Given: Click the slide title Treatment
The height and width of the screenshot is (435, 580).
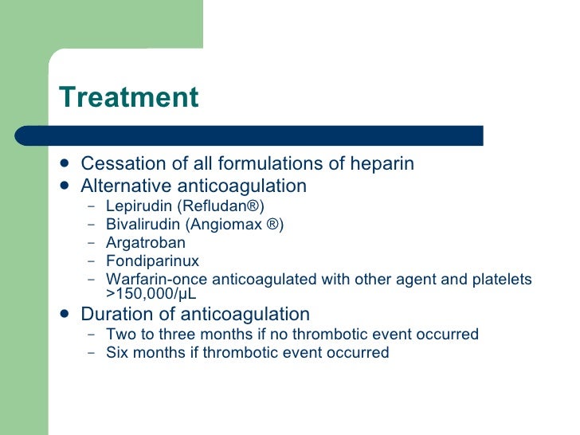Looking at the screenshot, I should pos(128,97).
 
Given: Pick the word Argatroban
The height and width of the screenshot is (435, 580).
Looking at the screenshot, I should pos(145,243).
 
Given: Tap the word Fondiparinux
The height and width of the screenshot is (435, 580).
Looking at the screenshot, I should pos(152,261).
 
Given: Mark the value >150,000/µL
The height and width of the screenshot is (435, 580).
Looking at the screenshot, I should pos(150,292).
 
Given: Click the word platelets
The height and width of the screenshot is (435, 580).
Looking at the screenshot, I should pos(501,279).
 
